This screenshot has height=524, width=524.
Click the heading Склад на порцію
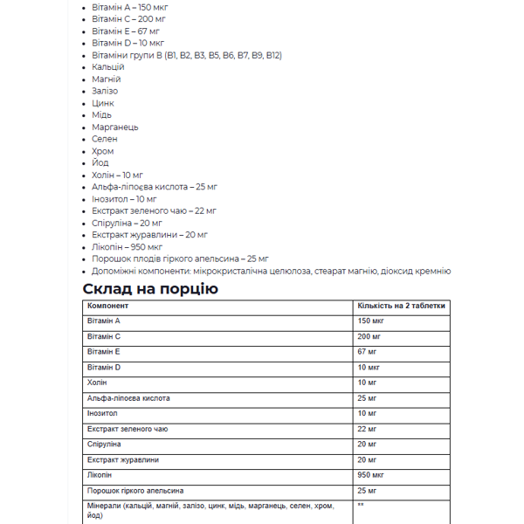150,288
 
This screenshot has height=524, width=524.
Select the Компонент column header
108,306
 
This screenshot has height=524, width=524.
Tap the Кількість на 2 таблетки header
401,306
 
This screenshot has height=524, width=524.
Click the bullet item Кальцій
107,66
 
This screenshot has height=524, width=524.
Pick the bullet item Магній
106,79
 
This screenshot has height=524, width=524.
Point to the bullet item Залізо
105,91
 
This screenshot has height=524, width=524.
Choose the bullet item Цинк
102,103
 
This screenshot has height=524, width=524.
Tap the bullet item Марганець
114,127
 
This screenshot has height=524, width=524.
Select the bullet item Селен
104,139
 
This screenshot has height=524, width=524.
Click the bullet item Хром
102,151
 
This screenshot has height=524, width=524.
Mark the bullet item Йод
100,162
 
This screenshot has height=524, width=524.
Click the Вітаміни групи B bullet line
186,55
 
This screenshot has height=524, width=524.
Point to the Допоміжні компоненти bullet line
271,271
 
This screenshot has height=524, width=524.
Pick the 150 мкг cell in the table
371,321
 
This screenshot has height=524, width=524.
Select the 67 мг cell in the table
368,352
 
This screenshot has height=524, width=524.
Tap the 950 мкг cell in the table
371,475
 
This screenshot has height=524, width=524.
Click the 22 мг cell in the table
368,429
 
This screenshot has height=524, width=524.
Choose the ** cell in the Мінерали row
361,506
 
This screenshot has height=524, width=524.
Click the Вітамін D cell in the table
104,368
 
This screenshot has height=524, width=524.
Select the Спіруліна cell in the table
104,445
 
